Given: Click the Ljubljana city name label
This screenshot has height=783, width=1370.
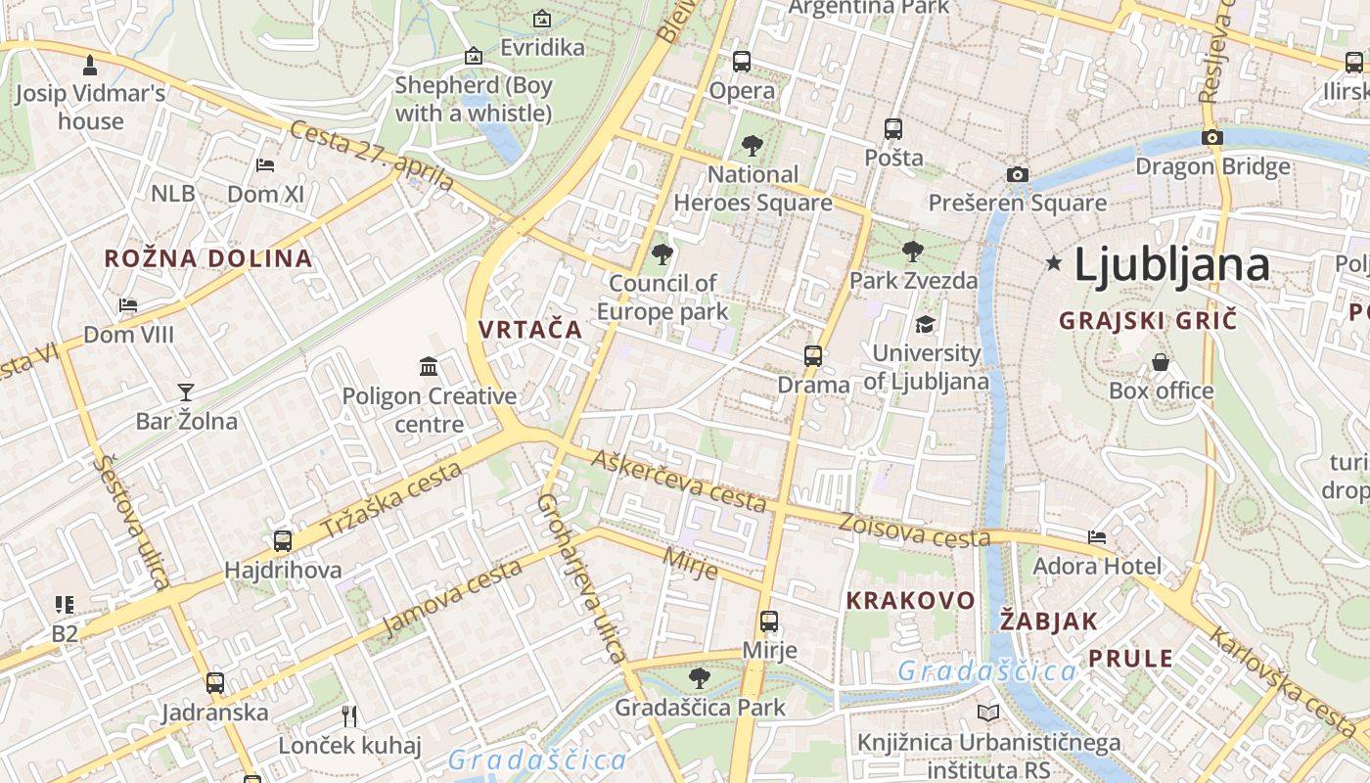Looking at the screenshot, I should pos(1171,265).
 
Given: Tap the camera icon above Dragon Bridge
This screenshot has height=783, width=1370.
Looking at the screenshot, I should pos(1212,137).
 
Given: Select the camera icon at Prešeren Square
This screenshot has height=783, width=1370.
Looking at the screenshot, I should pos(1018,174).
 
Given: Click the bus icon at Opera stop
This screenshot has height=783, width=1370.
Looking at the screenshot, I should pos(742,62).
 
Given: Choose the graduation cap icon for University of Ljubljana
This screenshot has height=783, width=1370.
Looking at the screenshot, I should pos(925,324).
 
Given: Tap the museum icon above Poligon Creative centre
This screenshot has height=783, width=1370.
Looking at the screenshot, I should pos(429,367).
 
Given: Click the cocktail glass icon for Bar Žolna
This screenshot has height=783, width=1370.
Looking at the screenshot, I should pos(186,392).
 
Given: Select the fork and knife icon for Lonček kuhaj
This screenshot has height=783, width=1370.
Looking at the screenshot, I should pos(349,716).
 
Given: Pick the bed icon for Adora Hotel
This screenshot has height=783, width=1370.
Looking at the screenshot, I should pos(1097,536).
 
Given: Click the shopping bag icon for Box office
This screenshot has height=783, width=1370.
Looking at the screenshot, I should pos(1161,362).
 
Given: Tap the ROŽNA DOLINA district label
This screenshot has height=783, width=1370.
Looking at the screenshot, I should pos(208,259).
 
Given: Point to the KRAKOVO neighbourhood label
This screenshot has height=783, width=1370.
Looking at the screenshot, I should pos(910,601).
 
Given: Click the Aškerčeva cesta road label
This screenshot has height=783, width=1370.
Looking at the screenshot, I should pos(678,483).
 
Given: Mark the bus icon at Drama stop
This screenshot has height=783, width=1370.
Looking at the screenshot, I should pos(813,355).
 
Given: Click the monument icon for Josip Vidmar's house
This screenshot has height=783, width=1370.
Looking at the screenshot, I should pos(90,65).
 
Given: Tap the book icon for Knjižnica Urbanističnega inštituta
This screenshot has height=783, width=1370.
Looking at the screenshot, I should pos(988,713).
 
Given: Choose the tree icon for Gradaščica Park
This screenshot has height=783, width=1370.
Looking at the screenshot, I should pos(699,677).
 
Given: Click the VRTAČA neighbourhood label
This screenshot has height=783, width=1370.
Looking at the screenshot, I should pos(530,330).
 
